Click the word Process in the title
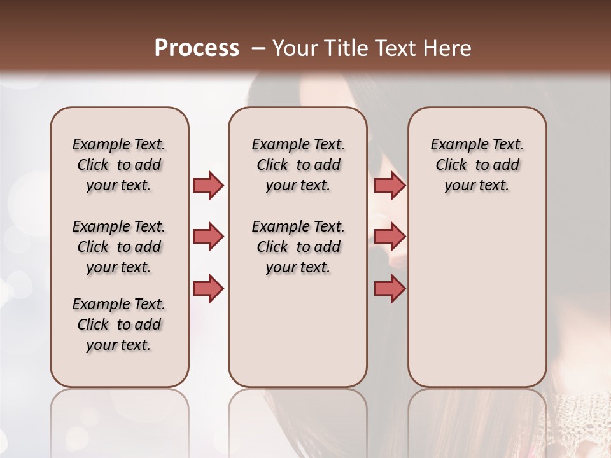197,48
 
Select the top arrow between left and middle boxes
208,185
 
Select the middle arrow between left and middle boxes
208,237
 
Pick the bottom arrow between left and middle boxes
208,288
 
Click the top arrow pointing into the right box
390,185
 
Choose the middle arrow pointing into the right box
390,237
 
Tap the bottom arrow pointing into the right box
390,288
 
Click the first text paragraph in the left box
119,165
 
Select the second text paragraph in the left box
119,247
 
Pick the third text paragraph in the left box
119,324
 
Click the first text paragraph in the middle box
298,165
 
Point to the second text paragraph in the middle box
298,247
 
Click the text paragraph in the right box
477,165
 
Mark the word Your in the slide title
295,48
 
